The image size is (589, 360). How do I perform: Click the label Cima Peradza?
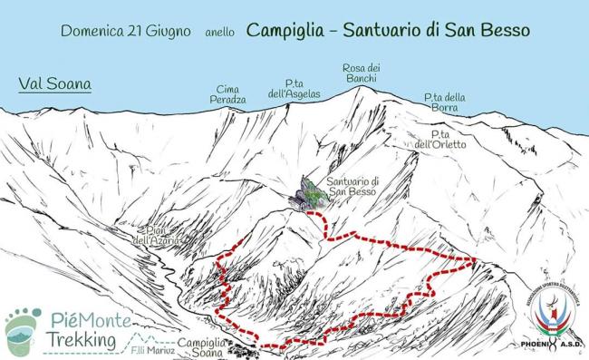(x=229, y=93)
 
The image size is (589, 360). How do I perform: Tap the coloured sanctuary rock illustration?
(x=307, y=192)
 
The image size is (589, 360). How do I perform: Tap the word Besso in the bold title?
(x=506, y=30)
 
